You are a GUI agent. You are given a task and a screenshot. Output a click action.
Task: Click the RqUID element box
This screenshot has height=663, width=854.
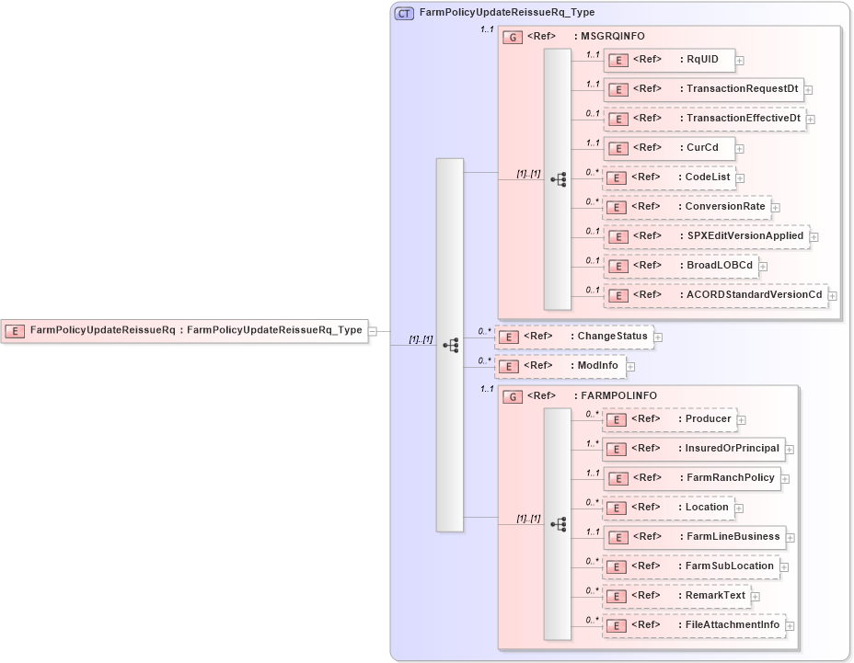pyautogui.click(x=668, y=60)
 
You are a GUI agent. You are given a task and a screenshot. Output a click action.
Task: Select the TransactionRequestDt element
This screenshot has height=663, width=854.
pyautogui.click(x=705, y=89)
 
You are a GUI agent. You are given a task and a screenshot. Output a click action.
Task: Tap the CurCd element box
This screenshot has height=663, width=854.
pyautogui.click(x=668, y=148)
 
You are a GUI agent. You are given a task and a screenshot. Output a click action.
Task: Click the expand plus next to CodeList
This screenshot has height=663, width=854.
pyautogui.click(x=740, y=177)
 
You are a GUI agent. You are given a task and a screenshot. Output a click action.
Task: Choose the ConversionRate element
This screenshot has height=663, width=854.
pyautogui.click(x=687, y=207)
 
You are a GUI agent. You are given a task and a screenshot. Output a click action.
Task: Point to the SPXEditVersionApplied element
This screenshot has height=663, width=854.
pyautogui.click(x=706, y=236)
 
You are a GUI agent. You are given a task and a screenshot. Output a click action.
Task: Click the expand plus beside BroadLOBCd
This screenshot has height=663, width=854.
pyautogui.click(x=764, y=267)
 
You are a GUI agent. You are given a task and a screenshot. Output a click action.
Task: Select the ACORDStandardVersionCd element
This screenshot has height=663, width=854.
pyautogui.click(x=715, y=295)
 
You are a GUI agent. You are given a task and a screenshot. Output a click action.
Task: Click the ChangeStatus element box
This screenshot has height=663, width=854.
pyautogui.click(x=574, y=337)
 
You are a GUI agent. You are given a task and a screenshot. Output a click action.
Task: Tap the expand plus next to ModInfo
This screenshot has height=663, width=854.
pyautogui.click(x=630, y=366)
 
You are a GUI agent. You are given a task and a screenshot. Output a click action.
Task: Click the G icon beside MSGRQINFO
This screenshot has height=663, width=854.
pyautogui.click(x=513, y=37)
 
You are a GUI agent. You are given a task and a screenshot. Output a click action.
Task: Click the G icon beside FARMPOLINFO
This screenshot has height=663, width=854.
pyautogui.click(x=513, y=396)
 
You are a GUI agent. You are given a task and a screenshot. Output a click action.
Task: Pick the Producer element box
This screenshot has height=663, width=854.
pyautogui.click(x=669, y=419)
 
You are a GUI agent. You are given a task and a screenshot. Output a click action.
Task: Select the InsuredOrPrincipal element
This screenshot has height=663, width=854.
pyautogui.click(x=694, y=449)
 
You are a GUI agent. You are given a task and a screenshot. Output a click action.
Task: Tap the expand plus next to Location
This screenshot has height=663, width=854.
pyautogui.click(x=738, y=509)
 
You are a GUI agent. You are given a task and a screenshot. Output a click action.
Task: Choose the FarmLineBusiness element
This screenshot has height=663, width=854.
pyautogui.click(x=694, y=537)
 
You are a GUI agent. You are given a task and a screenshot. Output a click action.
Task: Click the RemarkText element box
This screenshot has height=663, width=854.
pyautogui.click(x=676, y=596)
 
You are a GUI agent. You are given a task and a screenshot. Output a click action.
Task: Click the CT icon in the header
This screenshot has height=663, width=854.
pyautogui.click(x=403, y=13)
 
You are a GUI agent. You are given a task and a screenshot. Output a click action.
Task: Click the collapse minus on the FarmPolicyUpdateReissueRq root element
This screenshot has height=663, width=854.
pyautogui.click(x=373, y=331)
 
